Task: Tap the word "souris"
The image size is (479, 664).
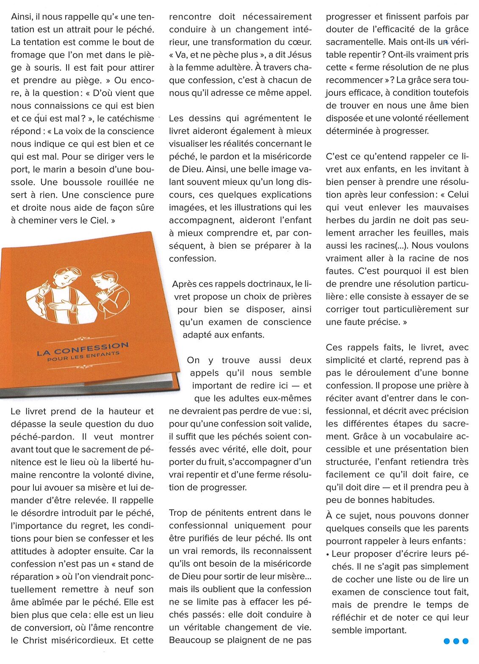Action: (x=46, y=67)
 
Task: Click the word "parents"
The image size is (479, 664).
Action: (x=452, y=528)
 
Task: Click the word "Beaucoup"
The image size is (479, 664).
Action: (x=190, y=640)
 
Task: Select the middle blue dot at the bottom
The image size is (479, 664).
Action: (x=456, y=641)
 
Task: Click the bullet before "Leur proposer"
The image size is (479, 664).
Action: (x=328, y=554)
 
